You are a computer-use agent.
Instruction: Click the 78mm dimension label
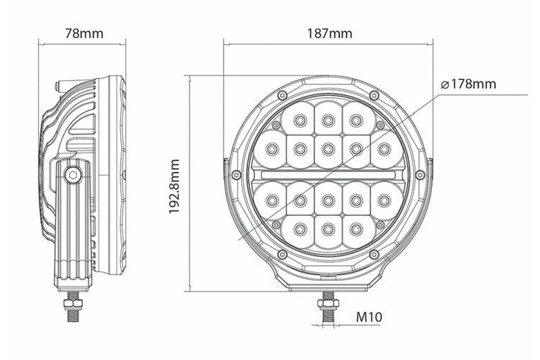point(84,33)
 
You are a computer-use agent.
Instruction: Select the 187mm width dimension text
point(330,33)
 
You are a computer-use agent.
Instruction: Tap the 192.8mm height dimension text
point(174,186)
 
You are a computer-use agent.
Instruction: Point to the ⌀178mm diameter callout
point(469,84)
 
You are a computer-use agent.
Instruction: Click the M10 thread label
point(369,317)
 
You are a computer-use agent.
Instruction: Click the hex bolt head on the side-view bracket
point(73,175)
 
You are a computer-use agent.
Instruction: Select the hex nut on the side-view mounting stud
point(73,304)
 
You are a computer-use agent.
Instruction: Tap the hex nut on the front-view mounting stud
point(328,304)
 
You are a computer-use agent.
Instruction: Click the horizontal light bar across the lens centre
point(328,175)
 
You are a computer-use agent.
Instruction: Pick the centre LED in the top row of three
point(328,120)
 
